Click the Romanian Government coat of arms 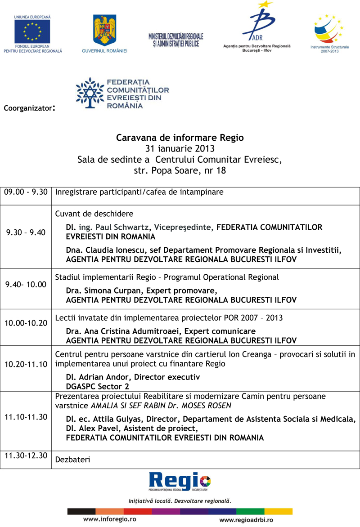104,30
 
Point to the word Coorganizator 28,108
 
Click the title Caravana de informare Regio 180,137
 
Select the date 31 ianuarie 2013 180,148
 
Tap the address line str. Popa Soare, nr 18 180,170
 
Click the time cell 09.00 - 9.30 26,192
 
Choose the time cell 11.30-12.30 26,455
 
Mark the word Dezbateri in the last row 72,460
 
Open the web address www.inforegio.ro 110,519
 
